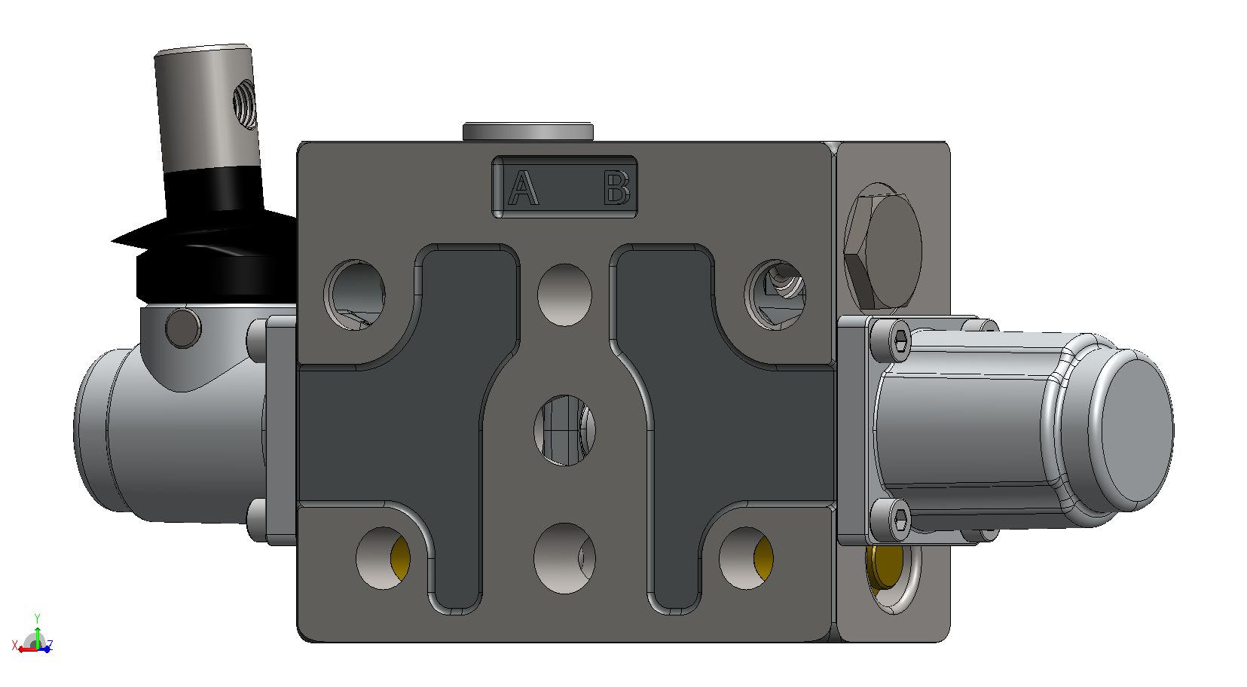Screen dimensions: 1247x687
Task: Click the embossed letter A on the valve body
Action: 524,188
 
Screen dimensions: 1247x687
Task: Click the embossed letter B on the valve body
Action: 617,188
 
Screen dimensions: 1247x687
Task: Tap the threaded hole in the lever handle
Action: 245,104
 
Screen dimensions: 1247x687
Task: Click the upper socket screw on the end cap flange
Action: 891,339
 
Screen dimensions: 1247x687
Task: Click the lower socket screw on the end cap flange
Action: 891,520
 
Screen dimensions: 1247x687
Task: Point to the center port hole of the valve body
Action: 564,430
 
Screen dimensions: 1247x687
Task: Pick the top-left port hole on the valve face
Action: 355,295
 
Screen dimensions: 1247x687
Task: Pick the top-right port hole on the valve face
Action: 775,295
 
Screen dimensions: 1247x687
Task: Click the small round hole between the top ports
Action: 564,295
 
